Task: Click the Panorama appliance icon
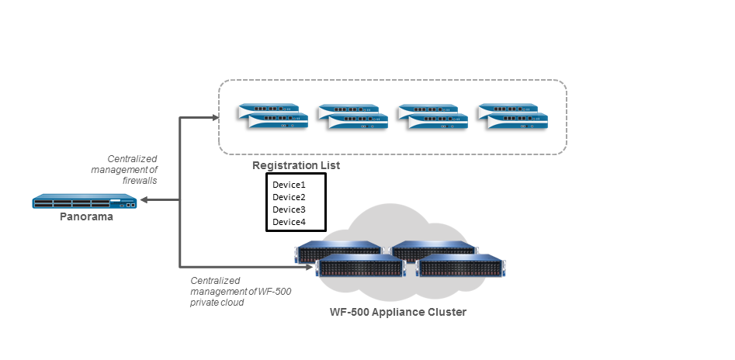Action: click(85, 202)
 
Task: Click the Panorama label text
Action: click(86, 217)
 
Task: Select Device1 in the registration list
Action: click(289, 185)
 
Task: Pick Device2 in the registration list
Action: click(289, 197)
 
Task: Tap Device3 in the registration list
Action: click(289, 209)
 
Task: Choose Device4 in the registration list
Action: click(289, 223)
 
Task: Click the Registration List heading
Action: click(296, 165)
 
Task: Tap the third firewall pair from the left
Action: click(432, 116)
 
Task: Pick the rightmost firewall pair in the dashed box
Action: click(513, 116)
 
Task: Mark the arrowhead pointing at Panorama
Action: click(145, 201)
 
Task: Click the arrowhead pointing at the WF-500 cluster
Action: click(306, 265)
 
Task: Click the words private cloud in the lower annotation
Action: click(217, 303)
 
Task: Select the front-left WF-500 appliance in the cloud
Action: click(361, 266)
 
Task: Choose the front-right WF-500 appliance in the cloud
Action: click(461, 266)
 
